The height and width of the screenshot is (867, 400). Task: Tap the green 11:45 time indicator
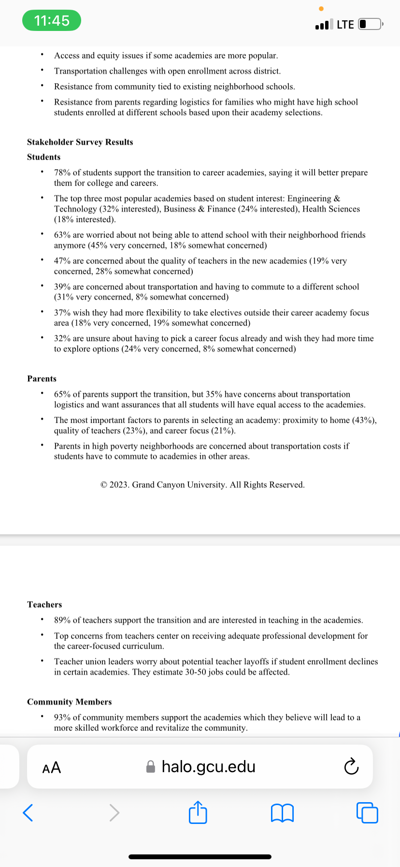point(52,21)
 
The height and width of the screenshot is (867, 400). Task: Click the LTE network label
point(345,25)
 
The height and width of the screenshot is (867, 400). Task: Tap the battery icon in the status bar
point(370,24)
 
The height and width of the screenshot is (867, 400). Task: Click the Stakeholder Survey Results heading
point(80,142)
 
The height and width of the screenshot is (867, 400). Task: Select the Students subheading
point(44,157)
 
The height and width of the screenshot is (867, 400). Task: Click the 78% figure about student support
point(62,173)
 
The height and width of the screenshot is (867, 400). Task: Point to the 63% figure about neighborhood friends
point(62,235)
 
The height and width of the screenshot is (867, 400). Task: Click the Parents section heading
point(42,378)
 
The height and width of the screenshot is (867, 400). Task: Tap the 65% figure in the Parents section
point(62,394)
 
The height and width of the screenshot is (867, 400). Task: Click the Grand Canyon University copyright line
point(202,485)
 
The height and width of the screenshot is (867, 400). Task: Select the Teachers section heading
point(44,604)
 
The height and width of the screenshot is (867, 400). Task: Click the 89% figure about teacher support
point(62,620)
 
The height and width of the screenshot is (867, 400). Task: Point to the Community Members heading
point(69,702)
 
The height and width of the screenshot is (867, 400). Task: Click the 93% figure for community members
point(62,718)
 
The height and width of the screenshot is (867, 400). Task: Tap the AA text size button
point(52,767)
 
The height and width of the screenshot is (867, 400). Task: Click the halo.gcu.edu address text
point(208,767)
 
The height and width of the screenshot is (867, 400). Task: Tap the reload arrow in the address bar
point(351,767)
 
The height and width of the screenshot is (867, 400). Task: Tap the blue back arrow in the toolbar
point(28,812)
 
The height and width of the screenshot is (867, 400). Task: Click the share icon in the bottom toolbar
point(198,812)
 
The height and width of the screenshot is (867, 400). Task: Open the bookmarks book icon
point(282,813)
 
